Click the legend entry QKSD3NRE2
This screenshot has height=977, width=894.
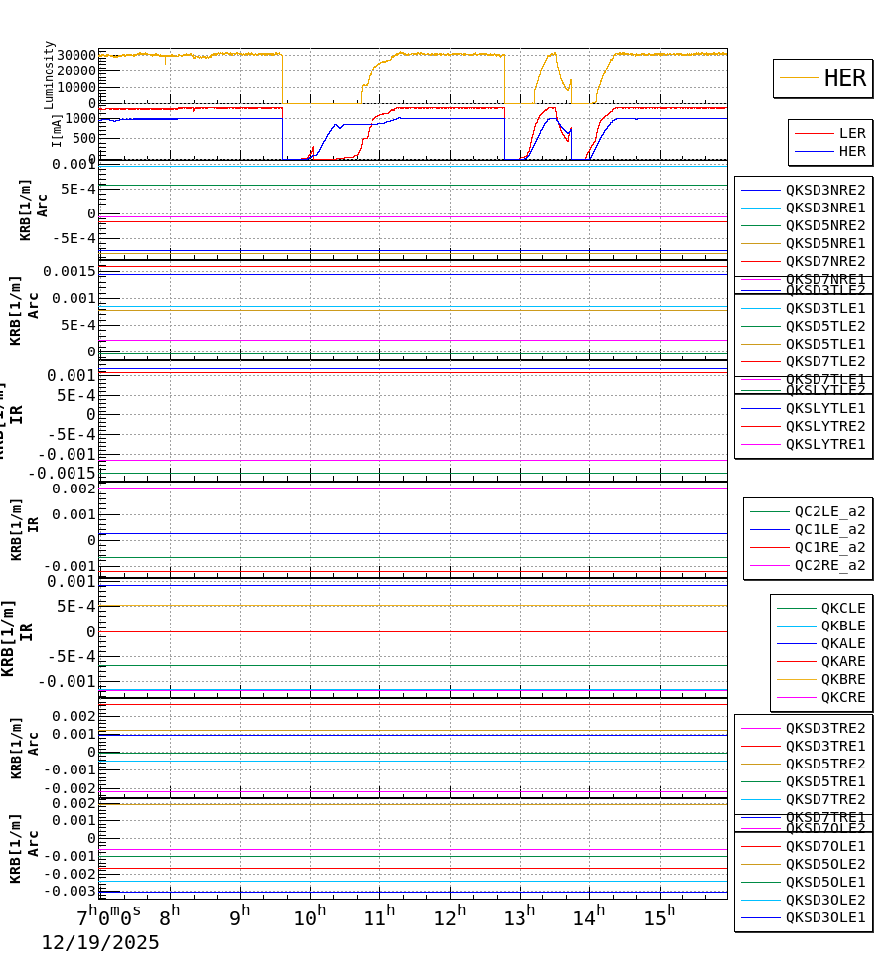[x=824, y=190]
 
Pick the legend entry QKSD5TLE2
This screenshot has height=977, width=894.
[x=824, y=326]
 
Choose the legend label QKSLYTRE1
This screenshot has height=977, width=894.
[x=824, y=444]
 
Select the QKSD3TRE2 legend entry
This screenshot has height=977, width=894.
[x=824, y=728]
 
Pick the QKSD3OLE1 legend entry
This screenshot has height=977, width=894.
[x=824, y=917]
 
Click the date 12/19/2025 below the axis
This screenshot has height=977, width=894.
[x=99, y=943]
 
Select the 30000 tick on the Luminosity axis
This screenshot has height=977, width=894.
[x=75, y=56]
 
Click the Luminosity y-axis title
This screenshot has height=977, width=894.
[x=49, y=74]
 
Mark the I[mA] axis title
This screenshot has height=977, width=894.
[x=57, y=130]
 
